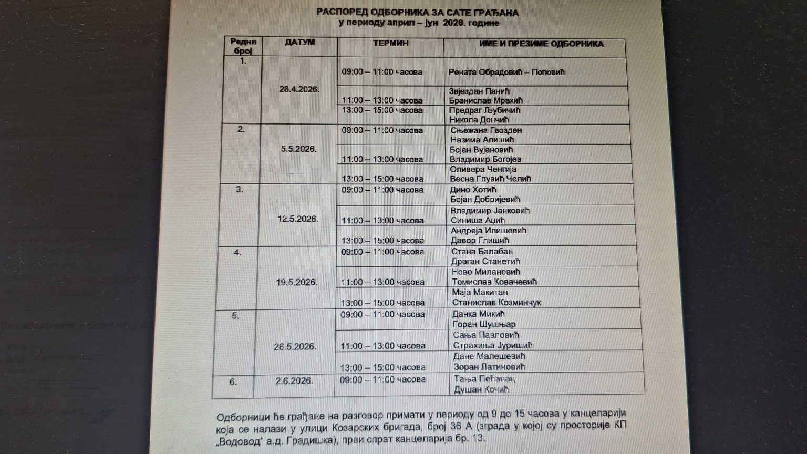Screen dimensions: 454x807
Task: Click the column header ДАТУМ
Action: (299, 43)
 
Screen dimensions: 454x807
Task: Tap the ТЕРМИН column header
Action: (390, 43)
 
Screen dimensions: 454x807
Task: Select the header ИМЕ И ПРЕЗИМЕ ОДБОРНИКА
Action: (541, 44)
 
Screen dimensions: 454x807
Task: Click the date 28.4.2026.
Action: (299, 89)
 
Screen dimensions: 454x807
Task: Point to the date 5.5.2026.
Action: (298, 149)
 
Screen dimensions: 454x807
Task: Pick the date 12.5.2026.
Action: (298, 219)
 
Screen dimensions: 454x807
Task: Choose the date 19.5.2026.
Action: (297, 282)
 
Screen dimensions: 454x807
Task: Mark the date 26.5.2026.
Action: (295, 347)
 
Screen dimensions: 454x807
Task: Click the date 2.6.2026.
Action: (294, 381)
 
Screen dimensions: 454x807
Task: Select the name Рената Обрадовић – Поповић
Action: (507, 72)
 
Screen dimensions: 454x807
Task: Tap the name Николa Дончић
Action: (479, 120)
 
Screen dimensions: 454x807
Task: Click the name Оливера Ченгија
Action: (483, 169)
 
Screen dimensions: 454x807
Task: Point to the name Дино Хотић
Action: (473, 190)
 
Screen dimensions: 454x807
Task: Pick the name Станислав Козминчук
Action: (496, 302)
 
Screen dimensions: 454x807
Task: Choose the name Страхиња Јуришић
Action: (493, 345)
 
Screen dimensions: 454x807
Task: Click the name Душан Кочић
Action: (481, 390)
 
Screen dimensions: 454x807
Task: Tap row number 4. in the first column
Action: (237, 253)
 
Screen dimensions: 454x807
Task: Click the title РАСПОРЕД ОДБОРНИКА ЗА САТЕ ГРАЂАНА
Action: (417, 13)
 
